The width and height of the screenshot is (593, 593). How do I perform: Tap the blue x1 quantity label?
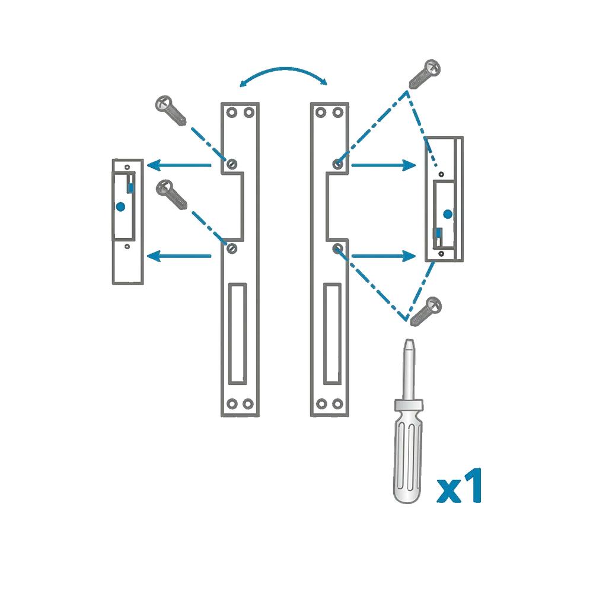point(459,486)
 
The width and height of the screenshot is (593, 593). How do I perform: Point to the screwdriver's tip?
point(409,340)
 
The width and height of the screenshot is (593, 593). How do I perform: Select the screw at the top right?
point(425,74)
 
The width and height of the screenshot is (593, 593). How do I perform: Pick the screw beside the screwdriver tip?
point(426,311)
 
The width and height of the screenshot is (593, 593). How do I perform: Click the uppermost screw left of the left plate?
point(171,110)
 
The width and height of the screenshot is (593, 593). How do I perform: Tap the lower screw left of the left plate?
point(171,195)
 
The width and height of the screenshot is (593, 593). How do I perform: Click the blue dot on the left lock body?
point(120,207)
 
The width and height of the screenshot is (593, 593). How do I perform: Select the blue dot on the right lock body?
point(448,215)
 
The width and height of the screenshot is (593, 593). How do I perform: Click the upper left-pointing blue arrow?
point(179,165)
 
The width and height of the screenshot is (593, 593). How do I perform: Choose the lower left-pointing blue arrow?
point(179,256)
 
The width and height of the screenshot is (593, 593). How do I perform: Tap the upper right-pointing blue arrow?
point(384,165)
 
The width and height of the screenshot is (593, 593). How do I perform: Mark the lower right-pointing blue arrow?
point(384,256)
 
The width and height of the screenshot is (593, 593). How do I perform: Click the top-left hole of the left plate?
point(231,112)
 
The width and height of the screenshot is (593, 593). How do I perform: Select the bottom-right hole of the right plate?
point(338,404)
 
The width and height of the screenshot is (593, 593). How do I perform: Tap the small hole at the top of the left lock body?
point(127,167)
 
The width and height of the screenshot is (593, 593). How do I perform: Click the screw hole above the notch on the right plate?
point(337,164)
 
